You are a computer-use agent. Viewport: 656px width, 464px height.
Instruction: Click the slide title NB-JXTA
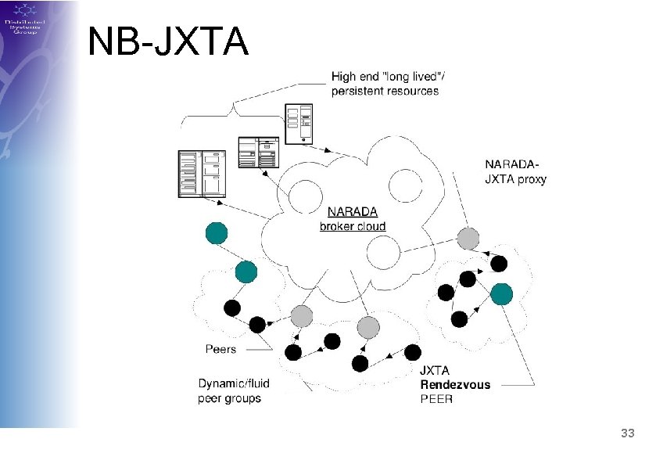point(168,42)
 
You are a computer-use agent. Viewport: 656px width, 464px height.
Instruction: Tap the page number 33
point(626,433)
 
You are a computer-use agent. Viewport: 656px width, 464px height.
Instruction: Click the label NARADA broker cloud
point(352,218)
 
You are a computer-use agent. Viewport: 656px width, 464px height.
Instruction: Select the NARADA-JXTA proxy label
point(515,171)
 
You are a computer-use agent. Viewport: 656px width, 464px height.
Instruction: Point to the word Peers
point(220,349)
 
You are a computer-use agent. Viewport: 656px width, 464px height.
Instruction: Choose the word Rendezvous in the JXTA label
point(455,384)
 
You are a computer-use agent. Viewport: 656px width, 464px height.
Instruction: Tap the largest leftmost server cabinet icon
point(199,173)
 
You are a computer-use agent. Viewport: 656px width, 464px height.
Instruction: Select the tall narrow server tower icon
point(298,124)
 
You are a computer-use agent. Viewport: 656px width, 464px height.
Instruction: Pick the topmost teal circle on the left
point(217,233)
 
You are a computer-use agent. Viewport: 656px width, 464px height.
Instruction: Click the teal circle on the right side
point(501,293)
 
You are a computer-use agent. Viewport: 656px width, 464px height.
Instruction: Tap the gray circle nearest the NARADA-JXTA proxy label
point(468,238)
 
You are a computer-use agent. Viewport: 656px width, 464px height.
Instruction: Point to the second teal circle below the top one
point(246,272)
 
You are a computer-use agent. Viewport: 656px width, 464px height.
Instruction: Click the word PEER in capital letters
point(436,398)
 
